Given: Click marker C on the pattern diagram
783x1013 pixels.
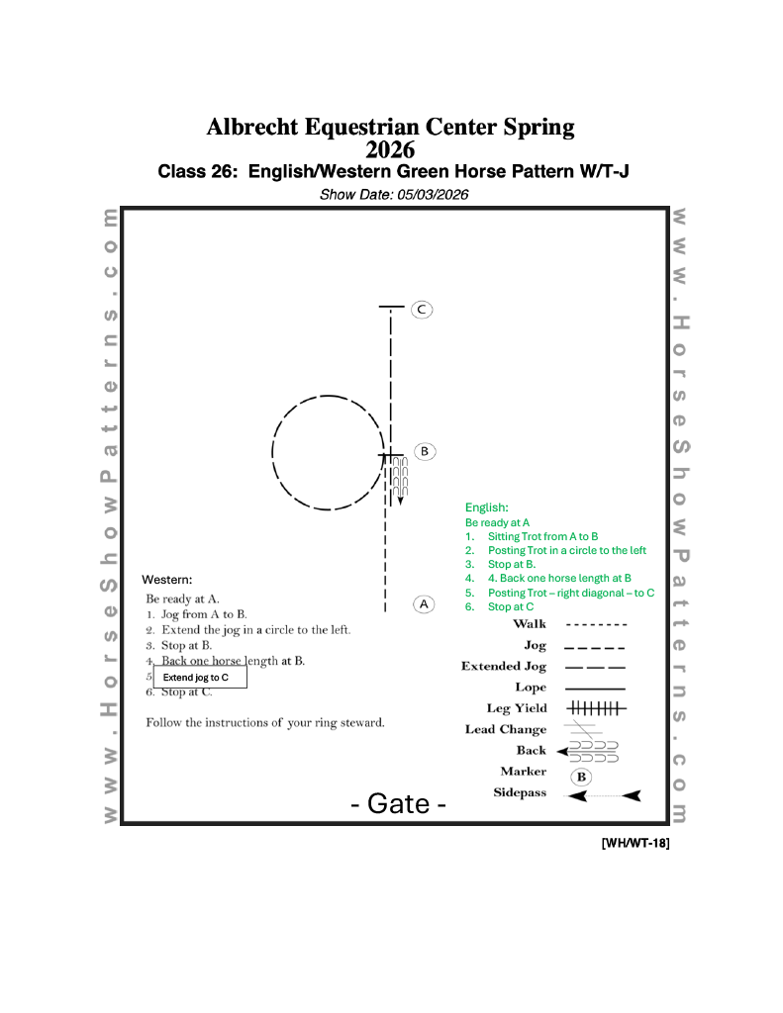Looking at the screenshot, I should [x=422, y=310].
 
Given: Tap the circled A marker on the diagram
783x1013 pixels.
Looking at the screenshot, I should [x=424, y=603].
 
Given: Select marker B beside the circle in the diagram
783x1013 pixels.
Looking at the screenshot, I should [x=424, y=451].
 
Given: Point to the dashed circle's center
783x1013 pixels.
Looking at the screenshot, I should [x=328, y=453].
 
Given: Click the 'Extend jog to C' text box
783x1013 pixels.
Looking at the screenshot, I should [x=199, y=678].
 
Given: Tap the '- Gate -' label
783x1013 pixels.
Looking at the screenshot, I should [x=398, y=803].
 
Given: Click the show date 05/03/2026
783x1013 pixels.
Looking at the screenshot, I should [x=429, y=195].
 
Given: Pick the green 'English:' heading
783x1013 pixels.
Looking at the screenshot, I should [x=487, y=507].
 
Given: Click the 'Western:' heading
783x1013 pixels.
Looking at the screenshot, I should [x=166, y=579].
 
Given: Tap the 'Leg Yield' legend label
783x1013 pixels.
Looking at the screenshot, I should [x=516, y=708].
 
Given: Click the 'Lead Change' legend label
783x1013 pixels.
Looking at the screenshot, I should [x=505, y=729].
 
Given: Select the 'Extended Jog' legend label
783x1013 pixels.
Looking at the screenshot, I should [x=503, y=667].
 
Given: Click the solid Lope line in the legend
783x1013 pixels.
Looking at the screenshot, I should [x=595, y=688].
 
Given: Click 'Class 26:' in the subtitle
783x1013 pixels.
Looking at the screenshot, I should [x=198, y=171].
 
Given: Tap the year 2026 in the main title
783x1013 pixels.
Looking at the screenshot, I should [x=390, y=149].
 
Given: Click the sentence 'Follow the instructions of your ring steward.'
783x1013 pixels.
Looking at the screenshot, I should [x=265, y=722].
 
